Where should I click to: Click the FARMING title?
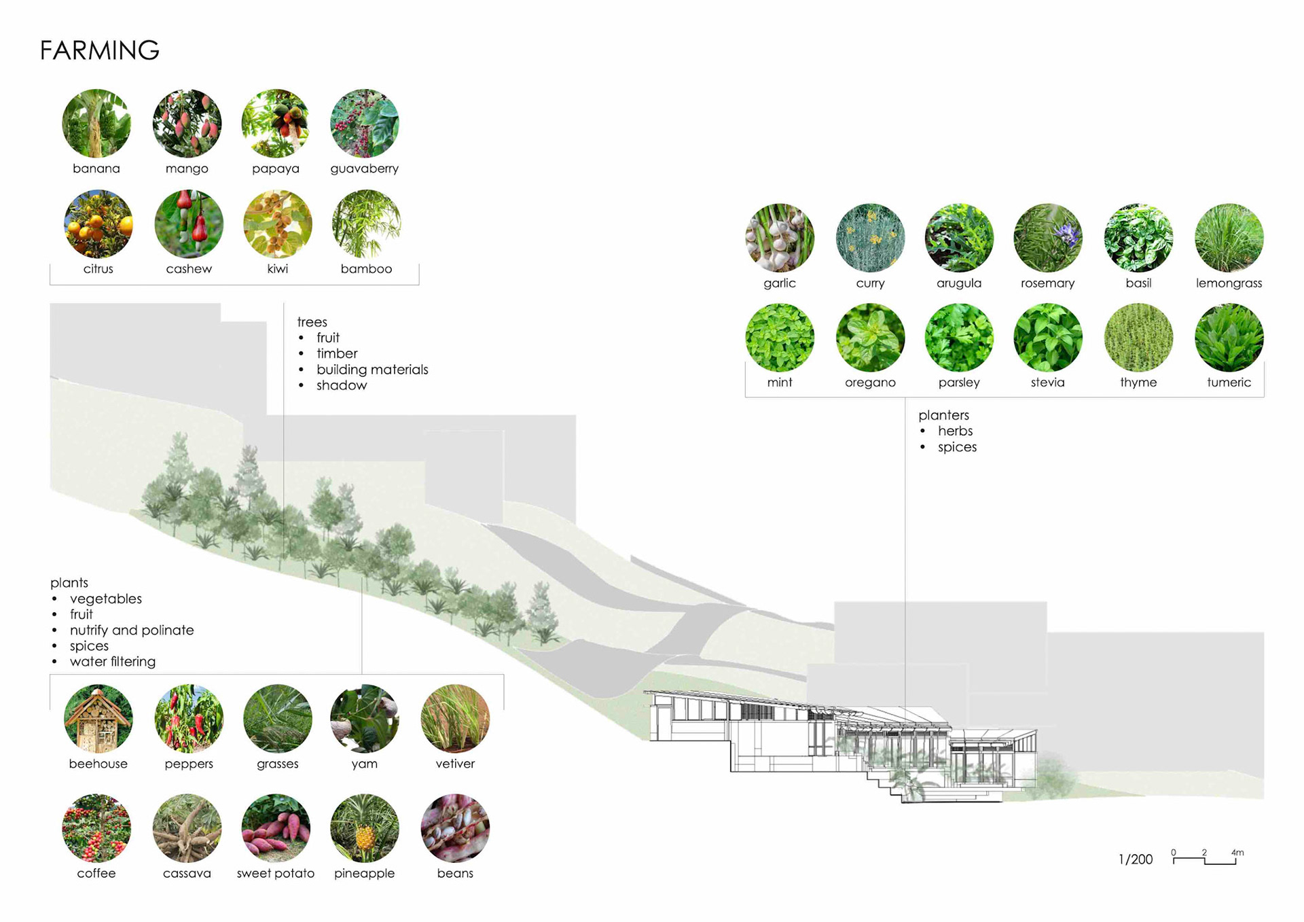tap(99, 50)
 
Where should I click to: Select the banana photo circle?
tap(96, 124)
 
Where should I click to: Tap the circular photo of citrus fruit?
tap(98, 224)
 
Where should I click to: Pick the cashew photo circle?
tap(189, 224)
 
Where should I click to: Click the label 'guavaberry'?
tap(364, 169)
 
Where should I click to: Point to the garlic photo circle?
tap(780, 238)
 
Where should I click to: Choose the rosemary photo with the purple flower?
tap(1048, 238)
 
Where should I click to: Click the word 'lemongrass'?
tap(1229, 283)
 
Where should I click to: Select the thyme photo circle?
tap(1138, 338)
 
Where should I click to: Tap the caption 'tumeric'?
tap(1229, 383)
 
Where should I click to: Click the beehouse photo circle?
tap(98, 719)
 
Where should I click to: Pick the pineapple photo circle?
tap(365, 828)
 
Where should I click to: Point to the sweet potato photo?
tap(276, 828)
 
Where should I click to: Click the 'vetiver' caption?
tap(455, 764)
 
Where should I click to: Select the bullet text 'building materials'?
tap(372, 370)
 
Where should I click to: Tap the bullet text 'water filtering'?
tap(113, 662)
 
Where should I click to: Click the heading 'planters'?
tap(943, 415)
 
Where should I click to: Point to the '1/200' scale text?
tap(1136, 859)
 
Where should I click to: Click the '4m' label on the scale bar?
tap(1237, 853)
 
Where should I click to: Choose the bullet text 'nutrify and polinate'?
tap(132, 631)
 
